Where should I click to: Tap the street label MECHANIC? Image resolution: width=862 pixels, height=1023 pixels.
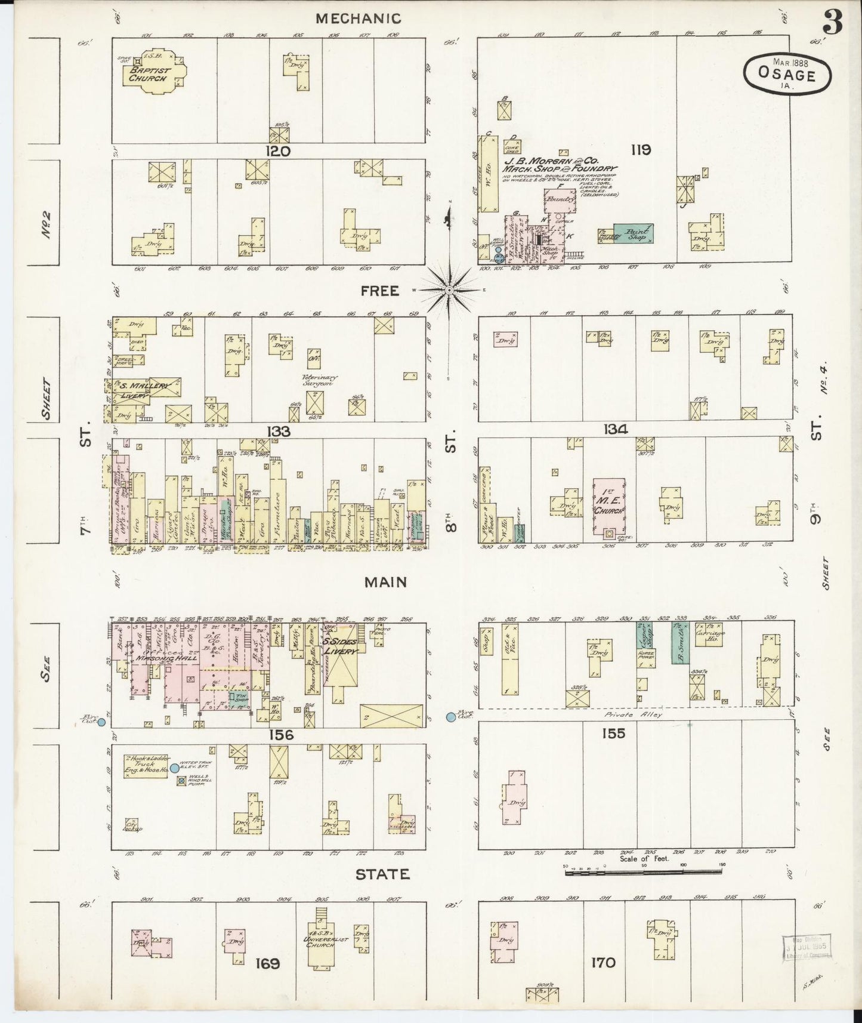pyautogui.click(x=358, y=19)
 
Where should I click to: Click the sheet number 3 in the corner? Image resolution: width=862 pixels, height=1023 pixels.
pyautogui.click(x=832, y=23)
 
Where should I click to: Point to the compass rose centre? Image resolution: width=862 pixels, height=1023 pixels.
pyautogui.click(x=449, y=290)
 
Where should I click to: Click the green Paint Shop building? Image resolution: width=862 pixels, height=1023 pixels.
pyautogui.click(x=633, y=233)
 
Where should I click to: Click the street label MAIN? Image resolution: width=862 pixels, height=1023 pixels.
pyautogui.click(x=386, y=582)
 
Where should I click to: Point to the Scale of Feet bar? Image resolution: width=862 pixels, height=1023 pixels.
pyautogui.click(x=644, y=873)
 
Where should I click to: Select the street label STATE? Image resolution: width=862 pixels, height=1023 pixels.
pyautogui.click(x=382, y=874)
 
